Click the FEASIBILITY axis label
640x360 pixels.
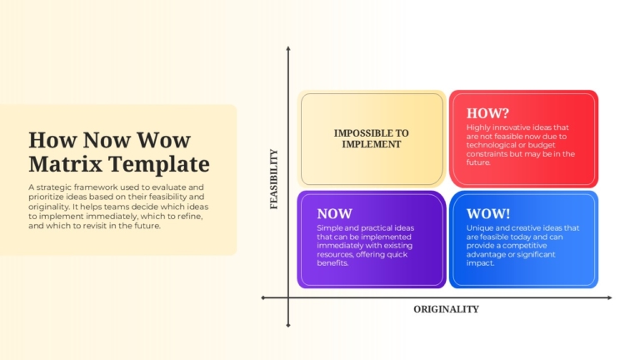point(274,179)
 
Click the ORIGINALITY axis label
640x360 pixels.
point(446,309)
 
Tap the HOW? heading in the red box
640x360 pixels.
point(487,113)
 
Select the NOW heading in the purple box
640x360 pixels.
point(334,213)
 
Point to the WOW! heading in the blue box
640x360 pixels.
point(488,213)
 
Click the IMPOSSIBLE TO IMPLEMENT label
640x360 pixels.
point(372,139)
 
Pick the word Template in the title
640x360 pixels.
point(159,165)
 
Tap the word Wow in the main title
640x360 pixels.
point(163,140)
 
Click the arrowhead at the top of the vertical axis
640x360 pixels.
point(288,48)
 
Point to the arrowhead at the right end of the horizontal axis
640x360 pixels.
point(610,297)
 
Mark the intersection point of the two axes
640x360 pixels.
point(288,297)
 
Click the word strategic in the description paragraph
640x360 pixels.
point(53,187)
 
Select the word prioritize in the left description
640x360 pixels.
point(46,197)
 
